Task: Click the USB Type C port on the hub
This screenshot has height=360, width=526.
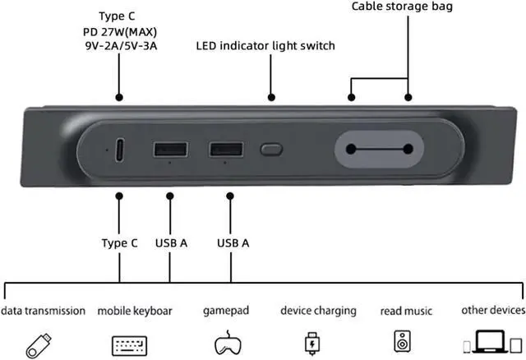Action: (x=120, y=150)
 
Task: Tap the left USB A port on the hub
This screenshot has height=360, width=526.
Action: (x=170, y=150)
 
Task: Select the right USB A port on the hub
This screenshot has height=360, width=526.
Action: (x=225, y=150)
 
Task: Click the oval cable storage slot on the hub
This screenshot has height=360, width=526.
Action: (x=379, y=150)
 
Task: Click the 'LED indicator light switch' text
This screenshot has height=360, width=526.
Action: (x=265, y=46)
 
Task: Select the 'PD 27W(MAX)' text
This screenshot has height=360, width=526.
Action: (x=120, y=31)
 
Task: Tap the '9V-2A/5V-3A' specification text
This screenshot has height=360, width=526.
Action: (x=120, y=46)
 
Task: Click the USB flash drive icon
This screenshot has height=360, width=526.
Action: (x=39, y=342)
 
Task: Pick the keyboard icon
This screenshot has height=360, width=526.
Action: (x=129, y=344)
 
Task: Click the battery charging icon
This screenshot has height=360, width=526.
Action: (x=312, y=341)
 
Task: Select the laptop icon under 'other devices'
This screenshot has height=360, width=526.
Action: (x=493, y=342)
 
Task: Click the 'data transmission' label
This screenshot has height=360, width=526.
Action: (x=43, y=311)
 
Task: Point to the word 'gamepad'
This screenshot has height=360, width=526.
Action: (x=226, y=311)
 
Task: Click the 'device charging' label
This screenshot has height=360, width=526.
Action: (x=318, y=311)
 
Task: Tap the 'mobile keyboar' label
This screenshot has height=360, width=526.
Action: (x=135, y=312)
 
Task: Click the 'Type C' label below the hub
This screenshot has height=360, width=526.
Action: (x=120, y=243)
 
